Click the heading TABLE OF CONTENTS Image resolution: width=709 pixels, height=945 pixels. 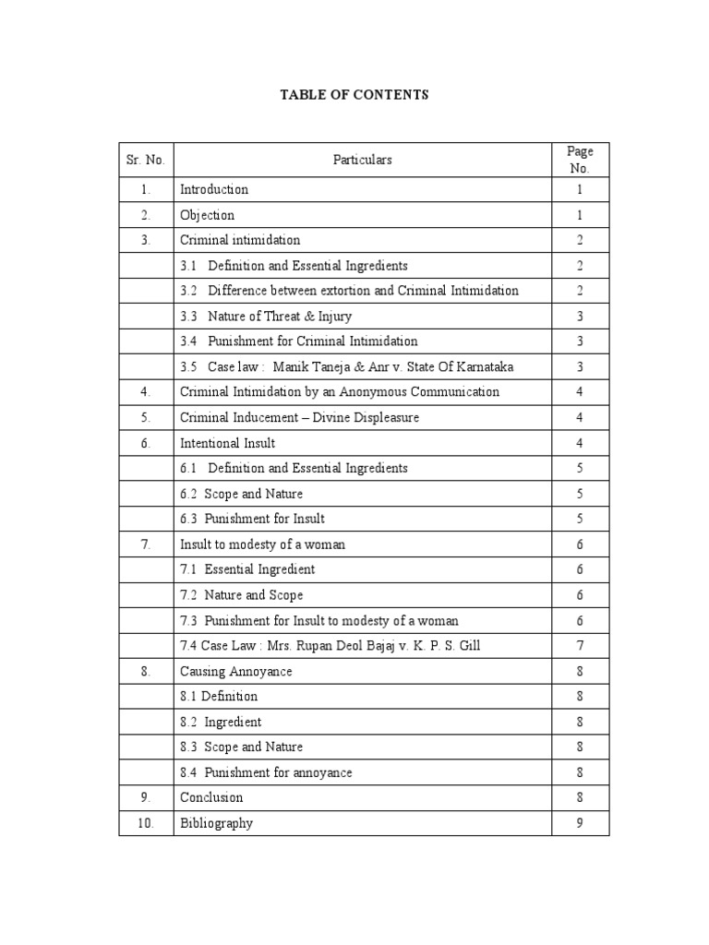354,95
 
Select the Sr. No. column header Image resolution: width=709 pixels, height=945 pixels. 146,160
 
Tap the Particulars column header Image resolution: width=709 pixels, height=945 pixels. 362,160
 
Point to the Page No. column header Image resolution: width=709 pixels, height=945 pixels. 580,160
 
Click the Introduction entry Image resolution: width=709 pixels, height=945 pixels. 214,190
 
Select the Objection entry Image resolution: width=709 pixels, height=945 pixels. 207,215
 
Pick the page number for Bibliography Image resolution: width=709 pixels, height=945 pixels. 580,823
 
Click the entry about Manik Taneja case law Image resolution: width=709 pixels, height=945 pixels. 347,367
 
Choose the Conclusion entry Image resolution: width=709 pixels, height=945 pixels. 211,797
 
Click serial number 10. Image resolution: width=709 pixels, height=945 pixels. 146,823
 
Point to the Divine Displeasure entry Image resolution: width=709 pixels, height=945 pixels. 299,418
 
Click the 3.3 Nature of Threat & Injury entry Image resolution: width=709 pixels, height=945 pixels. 267,317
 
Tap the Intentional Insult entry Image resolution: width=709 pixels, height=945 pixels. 227,443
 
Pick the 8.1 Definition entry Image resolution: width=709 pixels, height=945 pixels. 219,697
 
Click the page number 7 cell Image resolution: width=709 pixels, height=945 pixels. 580,646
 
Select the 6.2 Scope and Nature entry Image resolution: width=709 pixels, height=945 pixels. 242,494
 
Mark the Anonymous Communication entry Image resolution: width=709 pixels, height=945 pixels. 339,392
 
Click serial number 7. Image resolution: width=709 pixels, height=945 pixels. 146,544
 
